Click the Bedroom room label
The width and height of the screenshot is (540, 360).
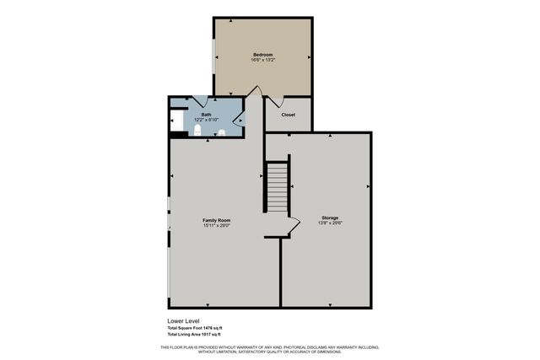[262, 54]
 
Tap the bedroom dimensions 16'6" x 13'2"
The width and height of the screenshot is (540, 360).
[262, 60]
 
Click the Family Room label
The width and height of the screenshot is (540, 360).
[216, 220]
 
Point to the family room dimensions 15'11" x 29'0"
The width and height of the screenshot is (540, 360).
[216, 226]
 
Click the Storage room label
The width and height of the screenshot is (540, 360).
[329, 218]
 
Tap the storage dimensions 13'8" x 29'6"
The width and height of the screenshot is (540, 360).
[329, 223]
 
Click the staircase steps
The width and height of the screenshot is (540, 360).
[278, 186]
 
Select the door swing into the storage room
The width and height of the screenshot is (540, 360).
[292, 226]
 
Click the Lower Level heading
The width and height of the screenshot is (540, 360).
[181, 321]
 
